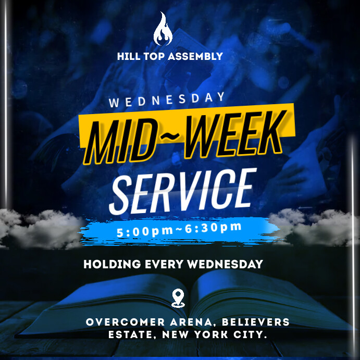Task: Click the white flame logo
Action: [163, 29]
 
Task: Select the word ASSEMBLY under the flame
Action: [195, 56]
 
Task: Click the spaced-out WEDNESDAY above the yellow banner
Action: [167, 100]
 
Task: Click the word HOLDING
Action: [112, 264]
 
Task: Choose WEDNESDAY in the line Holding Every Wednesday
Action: [225, 264]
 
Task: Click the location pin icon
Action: [178, 298]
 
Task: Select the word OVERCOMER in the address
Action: [126, 322]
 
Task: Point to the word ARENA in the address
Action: [191, 322]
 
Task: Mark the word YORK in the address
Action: [211, 334]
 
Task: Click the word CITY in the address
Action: [251, 334]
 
